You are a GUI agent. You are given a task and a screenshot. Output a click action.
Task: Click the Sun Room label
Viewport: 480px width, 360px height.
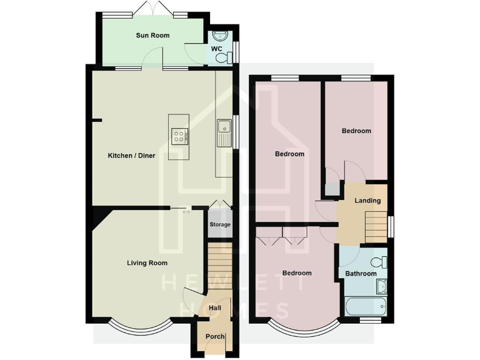click(x=152, y=36)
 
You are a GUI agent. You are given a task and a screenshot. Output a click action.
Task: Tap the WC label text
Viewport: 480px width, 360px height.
click(x=216, y=48)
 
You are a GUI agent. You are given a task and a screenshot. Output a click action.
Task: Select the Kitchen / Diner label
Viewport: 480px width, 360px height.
click(x=131, y=155)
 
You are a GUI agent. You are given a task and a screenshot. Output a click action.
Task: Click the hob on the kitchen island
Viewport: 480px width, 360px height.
click(x=179, y=136)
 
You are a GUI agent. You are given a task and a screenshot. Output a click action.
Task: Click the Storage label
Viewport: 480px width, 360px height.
click(x=219, y=224)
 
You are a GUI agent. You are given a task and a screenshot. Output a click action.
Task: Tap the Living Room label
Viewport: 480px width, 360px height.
click(x=147, y=263)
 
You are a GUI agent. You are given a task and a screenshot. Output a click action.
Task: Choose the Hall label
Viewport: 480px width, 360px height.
click(x=214, y=308)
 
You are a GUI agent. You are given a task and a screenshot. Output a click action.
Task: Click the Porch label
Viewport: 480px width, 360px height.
click(x=214, y=337)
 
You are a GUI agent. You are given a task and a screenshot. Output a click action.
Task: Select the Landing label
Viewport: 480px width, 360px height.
click(x=367, y=201)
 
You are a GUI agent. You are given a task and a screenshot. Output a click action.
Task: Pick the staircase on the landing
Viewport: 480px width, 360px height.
click(x=376, y=222)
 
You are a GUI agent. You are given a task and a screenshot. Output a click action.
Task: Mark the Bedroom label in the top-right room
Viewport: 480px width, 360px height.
click(x=356, y=131)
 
